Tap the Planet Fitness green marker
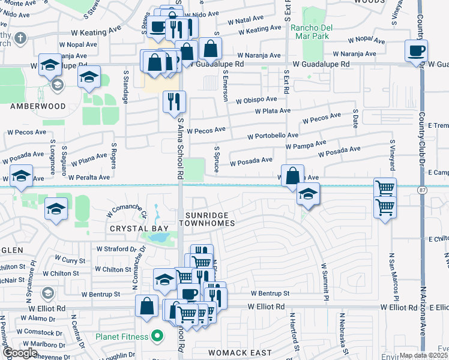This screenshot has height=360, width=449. tap(157, 337)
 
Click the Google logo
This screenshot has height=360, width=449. tap(20, 352)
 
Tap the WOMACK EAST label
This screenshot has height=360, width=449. tap(240, 352)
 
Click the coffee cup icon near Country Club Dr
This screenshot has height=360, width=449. tap(416, 50)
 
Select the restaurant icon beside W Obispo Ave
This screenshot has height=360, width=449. tap(175, 101)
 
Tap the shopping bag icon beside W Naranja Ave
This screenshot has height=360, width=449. tap(211, 48)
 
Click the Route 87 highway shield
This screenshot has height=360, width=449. tap(423, 190)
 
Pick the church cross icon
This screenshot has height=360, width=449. tap(20, 39)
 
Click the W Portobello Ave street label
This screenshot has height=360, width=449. tap(274, 136)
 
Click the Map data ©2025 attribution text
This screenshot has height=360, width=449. tap(423, 355)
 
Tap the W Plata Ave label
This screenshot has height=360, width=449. tap(273, 111)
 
